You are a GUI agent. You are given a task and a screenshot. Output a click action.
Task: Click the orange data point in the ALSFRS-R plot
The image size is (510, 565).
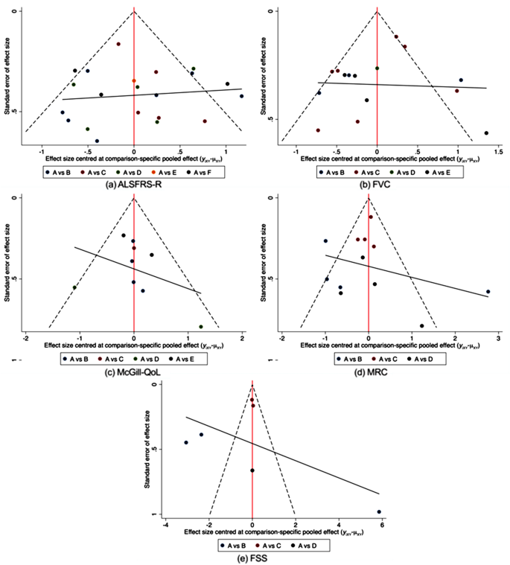point(134,80)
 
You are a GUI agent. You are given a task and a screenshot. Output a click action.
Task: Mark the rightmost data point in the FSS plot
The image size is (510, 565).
point(379,511)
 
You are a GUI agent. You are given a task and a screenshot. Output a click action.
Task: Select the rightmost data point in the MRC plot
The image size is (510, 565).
point(488,292)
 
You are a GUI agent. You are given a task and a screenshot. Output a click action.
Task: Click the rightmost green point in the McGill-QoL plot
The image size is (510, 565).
point(201,327)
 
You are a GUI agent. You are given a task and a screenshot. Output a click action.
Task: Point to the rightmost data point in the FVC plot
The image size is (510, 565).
point(486,133)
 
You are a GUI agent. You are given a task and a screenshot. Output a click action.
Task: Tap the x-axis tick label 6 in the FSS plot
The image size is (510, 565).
point(382,525)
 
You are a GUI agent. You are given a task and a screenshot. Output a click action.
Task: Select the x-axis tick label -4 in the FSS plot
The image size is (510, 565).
point(166,525)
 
